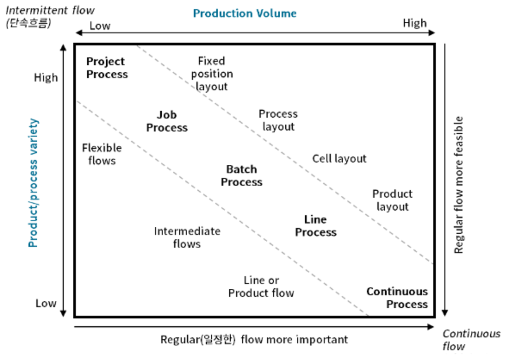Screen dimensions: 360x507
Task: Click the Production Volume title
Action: point(245,13)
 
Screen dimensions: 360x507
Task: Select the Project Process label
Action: point(107,68)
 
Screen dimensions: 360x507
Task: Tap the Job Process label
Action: point(167,121)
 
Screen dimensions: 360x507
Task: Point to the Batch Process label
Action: point(241,176)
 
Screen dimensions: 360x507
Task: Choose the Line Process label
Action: point(315,226)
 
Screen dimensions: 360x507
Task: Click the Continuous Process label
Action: point(397,298)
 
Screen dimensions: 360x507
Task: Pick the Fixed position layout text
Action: point(212,73)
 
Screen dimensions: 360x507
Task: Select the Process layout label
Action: point(278,120)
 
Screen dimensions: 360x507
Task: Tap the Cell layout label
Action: point(339,158)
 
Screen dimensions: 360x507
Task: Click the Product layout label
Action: point(392,200)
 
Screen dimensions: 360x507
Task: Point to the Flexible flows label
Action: point(102,154)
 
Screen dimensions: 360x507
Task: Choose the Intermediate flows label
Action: point(187,237)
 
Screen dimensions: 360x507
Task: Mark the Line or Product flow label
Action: point(261,287)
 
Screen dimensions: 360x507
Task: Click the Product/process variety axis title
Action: point(33,183)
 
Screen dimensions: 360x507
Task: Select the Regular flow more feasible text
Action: point(459,185)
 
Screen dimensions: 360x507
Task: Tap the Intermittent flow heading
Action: point(50,10)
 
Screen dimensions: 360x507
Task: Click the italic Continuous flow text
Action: point(471,340)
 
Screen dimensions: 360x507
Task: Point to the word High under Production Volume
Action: point(415,23)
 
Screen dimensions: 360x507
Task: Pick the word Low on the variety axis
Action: point(46,303)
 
